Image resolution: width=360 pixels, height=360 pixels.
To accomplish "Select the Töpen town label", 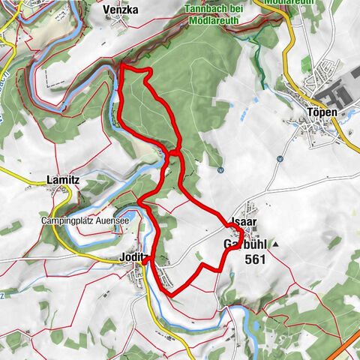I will point(322,112).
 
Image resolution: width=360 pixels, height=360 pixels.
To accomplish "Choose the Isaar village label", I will point(245,223).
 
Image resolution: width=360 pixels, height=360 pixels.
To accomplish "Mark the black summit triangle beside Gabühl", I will point(275,244).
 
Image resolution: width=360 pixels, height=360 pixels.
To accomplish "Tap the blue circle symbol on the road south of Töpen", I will point(278,158).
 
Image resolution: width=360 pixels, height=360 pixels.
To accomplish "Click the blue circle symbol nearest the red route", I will point(220,169).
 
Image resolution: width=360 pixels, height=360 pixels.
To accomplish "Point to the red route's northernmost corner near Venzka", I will point(121,67).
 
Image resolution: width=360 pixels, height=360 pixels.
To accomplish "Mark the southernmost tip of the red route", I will point(171,295).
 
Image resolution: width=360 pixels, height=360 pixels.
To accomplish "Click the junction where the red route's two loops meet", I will point(173,153).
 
